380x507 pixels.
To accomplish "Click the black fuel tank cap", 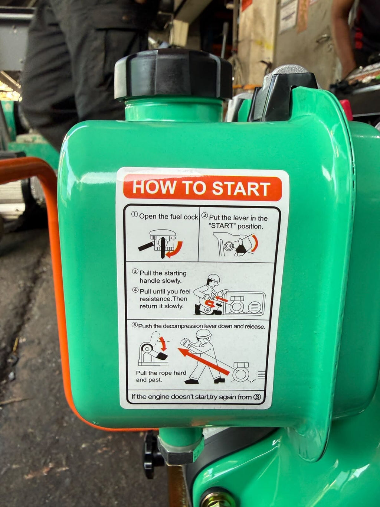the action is [173, 74].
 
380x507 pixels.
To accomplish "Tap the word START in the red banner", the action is [241, 188].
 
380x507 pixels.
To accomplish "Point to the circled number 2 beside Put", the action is [205, 215].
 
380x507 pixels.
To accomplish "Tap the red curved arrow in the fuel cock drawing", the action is [175, 250].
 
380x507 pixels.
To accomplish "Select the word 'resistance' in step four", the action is [155, 299].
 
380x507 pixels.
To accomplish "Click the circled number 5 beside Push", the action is [134, 325].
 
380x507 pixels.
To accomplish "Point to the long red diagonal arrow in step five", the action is [203, 362].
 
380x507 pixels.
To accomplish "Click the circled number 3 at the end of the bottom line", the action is [257, 397].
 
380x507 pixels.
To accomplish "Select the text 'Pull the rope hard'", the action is [161, 373].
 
